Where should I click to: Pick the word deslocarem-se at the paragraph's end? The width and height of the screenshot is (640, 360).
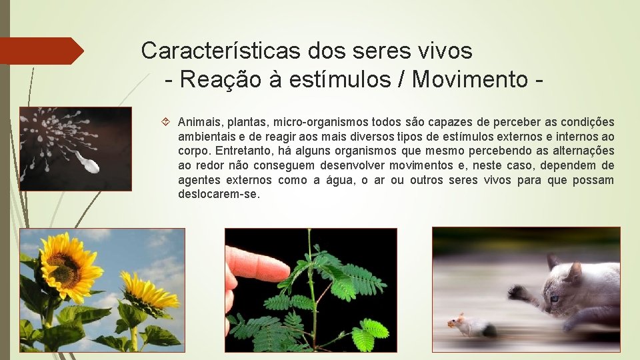coord(219,194)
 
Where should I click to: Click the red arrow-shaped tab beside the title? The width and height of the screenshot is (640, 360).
coord(40,51)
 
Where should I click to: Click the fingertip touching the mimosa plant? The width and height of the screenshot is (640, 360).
coord(281,271)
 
